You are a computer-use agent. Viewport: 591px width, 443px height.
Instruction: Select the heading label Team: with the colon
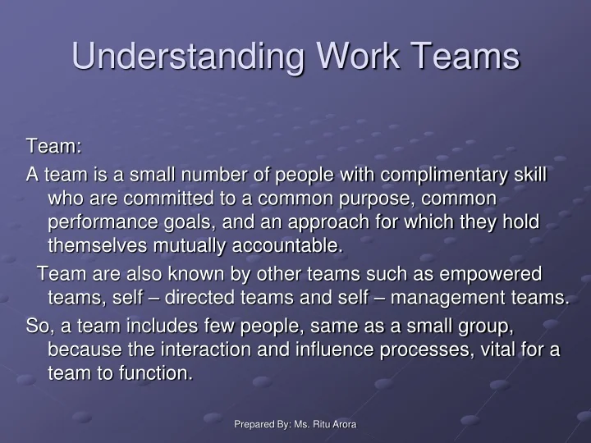tap(53, 146)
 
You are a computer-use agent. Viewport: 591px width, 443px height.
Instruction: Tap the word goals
tap(196, 221)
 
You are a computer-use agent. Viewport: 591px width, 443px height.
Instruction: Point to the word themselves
tap(98, 245)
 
